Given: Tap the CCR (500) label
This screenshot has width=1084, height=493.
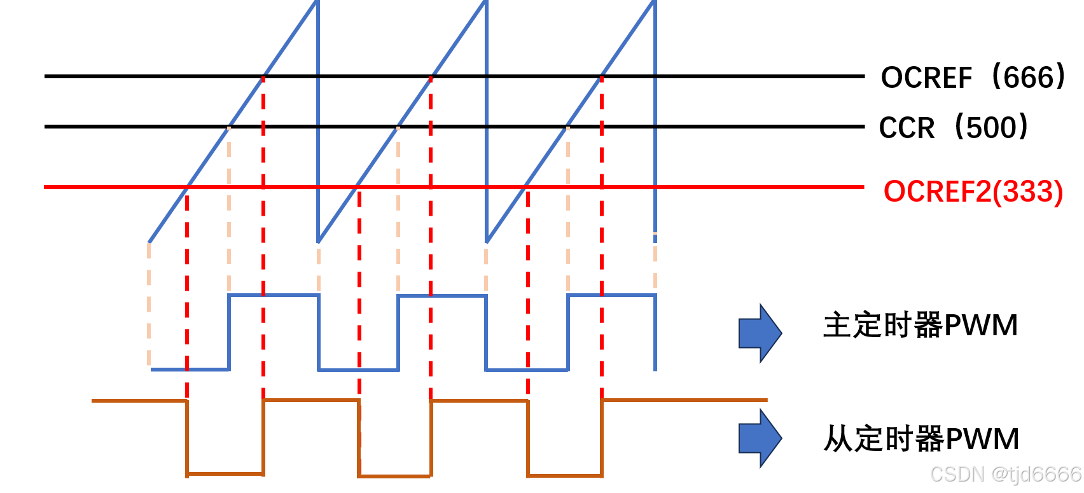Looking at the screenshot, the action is coord(953,127).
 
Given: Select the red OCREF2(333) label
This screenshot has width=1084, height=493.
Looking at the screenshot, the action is coord(973,191).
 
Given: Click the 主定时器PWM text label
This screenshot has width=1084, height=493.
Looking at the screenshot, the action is coord(920,325).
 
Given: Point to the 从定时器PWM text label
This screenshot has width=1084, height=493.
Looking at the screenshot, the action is coord(921,439).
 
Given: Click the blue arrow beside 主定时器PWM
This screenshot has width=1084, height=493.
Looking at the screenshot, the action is coord(760,333).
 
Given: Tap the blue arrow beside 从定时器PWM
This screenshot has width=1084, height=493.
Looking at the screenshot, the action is coord(760,438).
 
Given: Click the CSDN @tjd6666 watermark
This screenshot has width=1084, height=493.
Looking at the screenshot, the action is coord(1005,475).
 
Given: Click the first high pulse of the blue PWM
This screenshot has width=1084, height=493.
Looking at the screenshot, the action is coord(274,295).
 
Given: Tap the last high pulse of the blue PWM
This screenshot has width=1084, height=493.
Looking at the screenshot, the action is coord(611,295).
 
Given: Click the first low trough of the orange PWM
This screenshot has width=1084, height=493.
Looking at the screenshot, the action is coord(225,473).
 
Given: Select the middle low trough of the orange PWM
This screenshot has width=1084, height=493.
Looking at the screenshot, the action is coord(395,475).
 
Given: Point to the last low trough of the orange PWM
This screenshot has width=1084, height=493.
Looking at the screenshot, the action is coord(565,475).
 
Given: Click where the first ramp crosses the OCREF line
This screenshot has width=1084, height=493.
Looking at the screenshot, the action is coord(263,77).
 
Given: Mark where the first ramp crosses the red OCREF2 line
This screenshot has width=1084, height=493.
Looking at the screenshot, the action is coord(187,188).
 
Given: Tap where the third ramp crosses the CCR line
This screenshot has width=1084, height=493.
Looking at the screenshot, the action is coord(567,127).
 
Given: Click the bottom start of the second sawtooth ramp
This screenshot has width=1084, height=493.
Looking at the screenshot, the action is coord(319,242).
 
